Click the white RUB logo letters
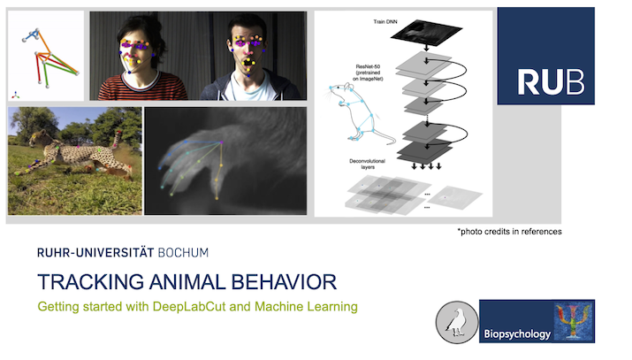point(551,82)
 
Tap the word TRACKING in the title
point(91,282)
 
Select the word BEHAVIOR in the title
point(284,282)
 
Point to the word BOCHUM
point(183,253)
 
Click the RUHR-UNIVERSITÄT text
point(95,253)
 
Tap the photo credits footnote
point(509,232)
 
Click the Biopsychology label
point(517,333)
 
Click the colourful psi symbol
point(574,321)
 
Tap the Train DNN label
point(385,22)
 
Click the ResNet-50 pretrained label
point(368,73)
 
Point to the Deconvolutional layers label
point(367,164)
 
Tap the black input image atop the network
point(426,32)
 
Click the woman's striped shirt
point(143,87)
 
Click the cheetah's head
point(37,139)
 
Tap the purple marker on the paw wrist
point(221,142)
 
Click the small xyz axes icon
point(15,96)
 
